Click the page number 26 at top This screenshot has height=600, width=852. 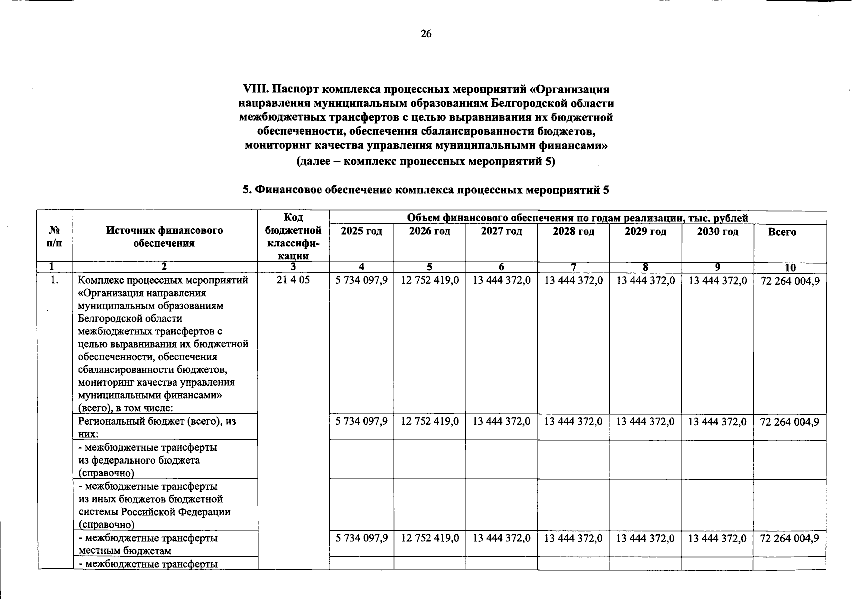point(426,34)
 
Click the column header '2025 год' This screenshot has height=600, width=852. point(361,232)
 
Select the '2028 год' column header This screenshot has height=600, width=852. point(573,232)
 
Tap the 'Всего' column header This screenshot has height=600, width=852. point(782,232)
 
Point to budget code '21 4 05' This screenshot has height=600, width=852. point(293,280)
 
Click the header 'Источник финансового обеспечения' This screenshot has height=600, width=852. point(164,237)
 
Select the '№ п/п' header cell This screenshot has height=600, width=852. point(55,237)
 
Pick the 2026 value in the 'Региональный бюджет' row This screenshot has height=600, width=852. point(429,422)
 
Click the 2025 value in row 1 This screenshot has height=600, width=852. point(361,281)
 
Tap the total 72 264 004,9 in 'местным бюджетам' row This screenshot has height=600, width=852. point(789,538)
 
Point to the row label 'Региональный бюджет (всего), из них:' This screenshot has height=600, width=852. point(157,427)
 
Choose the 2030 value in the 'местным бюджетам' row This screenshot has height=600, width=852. point(717,538)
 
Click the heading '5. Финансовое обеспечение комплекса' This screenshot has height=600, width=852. point(426,190)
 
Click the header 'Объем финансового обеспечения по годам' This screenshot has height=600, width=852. point(577,218)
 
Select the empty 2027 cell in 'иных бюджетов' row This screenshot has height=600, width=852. point(501,505)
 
